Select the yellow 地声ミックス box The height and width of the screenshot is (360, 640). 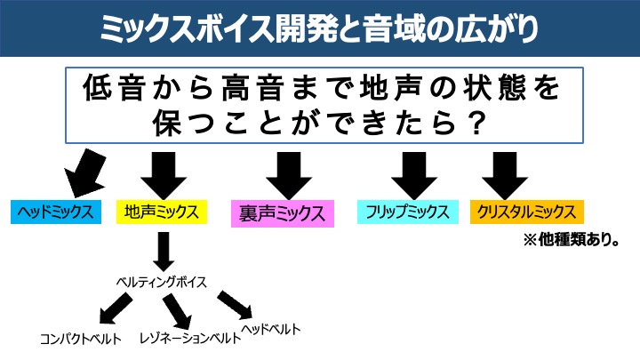162,212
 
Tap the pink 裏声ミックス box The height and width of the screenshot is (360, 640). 280,213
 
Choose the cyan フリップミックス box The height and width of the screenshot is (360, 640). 407,212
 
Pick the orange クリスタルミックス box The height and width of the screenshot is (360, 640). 527,212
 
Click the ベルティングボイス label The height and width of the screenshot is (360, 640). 162,282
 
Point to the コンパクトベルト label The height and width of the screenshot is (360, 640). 80,339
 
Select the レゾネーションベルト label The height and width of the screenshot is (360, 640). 190,339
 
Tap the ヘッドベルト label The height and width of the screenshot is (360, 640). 271,329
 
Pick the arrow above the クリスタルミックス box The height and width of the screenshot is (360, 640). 506,174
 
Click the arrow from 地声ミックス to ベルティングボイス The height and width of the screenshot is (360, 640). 162,252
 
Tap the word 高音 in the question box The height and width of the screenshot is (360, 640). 257,90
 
